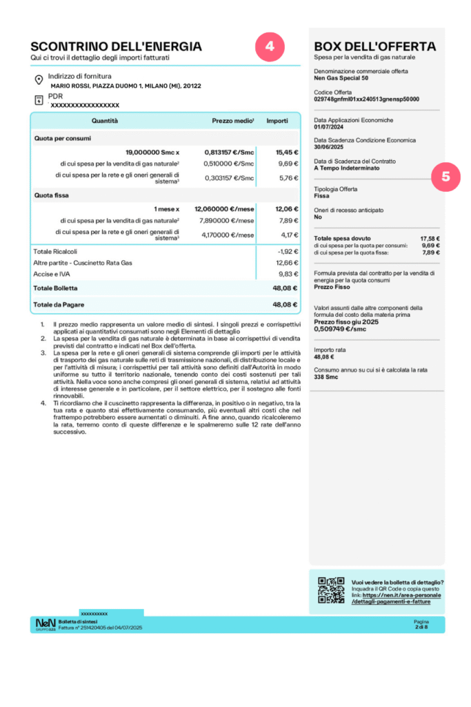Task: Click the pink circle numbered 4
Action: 270,46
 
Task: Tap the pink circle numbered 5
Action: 446,176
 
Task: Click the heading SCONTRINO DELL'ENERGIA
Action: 116,46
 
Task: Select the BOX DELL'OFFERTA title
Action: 374,46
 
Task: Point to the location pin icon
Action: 39,80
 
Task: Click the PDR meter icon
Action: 39,100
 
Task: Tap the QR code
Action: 331,590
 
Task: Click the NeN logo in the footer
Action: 46,624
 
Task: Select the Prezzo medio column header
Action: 232,121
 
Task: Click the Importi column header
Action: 277,121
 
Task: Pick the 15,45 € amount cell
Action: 287,151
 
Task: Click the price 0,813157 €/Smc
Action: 229,151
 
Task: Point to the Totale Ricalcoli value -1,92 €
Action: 288,251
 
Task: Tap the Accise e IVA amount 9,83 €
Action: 288,273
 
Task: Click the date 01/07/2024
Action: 328,126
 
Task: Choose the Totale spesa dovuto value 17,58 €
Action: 430,238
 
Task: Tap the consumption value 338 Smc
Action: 326,378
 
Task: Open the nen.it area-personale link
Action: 397,598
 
